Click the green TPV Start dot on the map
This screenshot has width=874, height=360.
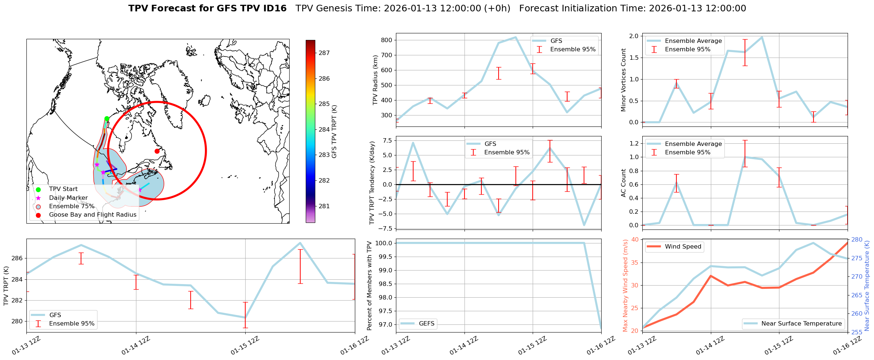click(x=107, y=118)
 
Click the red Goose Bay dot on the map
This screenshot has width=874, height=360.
click(x=157, y=151)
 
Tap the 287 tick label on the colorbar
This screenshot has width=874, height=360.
click(x=324, y=53)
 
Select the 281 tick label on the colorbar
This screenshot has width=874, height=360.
click(x=324, y=206)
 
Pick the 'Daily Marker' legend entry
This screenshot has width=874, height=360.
click(x=68, y=198)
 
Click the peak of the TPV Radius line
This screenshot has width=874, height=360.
click(x=515, y=37)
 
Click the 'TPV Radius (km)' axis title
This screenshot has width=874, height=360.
click(x=375, y=80)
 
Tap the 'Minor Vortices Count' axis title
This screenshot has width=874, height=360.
click(x=624, y=80)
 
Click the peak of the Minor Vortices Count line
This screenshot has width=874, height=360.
click(x=762, y=37)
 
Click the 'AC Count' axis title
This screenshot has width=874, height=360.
click(x=624, y=183)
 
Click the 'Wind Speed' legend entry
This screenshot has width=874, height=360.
click(x=683, y=247)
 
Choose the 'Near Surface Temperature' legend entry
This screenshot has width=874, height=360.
click(x=801, y=324)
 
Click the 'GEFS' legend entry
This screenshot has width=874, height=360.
click(x=426, y=324)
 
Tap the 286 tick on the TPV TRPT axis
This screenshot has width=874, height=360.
click(x=17, y=258)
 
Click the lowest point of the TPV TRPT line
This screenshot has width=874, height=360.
click(x=245, y=317)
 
